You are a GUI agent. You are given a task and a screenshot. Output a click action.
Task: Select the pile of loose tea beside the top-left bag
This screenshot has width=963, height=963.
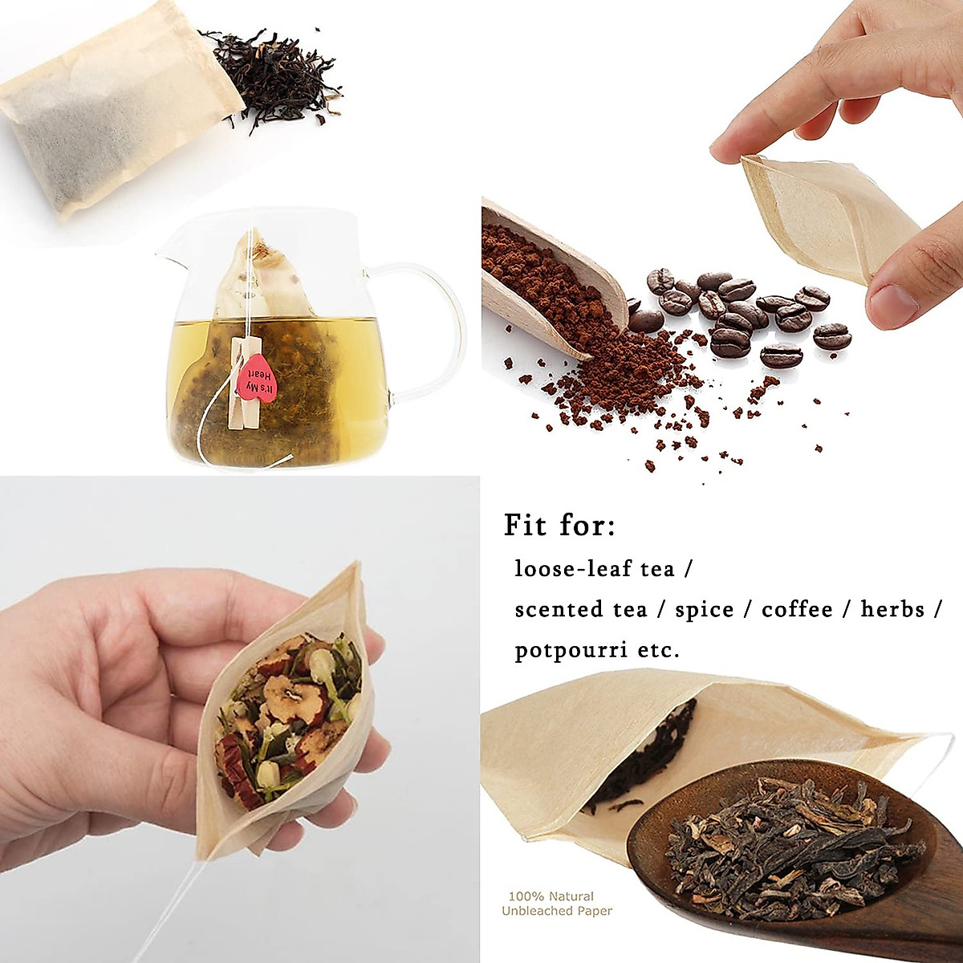[277, 76]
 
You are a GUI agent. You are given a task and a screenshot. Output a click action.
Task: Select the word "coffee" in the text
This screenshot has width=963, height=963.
[797, 610]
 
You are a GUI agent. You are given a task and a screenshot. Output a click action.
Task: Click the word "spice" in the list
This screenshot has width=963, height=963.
[705, 610]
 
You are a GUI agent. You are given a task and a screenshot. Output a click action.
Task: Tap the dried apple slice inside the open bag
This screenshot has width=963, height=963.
[285, 694]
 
